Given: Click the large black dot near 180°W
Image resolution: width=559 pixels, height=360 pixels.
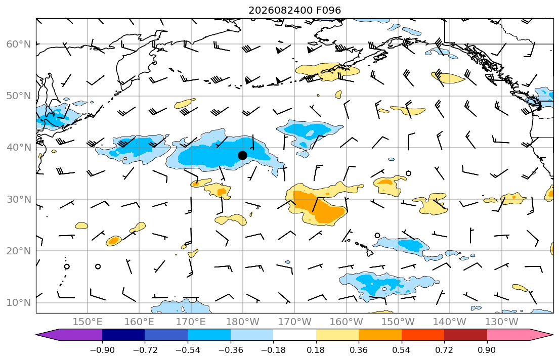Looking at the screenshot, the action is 242,155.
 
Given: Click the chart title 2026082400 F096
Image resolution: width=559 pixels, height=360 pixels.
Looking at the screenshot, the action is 295,10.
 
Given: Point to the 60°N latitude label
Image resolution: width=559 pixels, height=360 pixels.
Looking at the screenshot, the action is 19,44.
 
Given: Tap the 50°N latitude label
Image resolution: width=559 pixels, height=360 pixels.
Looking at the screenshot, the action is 19,96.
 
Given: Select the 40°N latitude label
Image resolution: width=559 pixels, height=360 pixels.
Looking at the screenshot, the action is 19,148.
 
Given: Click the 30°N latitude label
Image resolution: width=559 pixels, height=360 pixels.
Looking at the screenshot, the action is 19,199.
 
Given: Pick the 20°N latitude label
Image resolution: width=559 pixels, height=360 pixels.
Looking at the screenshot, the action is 19,251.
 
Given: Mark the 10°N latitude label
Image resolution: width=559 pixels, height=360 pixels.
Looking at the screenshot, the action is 19,303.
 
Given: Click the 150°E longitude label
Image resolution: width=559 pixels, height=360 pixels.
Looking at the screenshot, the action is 88,322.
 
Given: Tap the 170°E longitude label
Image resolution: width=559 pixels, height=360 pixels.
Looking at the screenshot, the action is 191,322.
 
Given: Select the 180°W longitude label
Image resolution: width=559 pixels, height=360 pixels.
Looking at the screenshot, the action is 243,322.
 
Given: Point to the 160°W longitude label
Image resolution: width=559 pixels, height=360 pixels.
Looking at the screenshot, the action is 347,322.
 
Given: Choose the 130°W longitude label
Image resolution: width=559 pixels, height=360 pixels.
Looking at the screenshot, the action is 502,322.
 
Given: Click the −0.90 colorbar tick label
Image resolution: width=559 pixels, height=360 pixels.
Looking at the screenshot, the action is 102,350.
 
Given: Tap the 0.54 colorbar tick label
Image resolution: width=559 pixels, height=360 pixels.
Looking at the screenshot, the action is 402,350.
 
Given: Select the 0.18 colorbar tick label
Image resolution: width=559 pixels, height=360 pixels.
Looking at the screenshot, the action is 316,350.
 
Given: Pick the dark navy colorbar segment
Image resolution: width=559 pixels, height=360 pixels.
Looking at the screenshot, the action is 123,335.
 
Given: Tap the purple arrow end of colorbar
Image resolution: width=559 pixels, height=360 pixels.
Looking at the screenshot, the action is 69,335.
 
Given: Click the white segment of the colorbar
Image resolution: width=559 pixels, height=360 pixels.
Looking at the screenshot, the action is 294,335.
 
